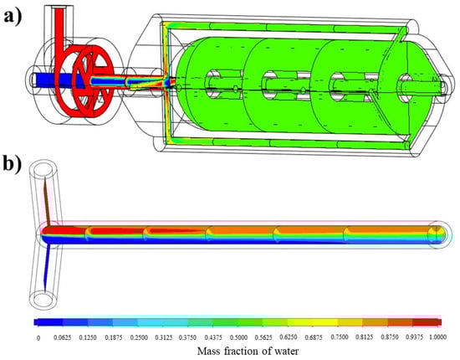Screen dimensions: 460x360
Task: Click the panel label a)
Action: click(x=13, y=17)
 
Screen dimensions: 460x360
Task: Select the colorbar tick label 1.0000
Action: click(x=438, y=337)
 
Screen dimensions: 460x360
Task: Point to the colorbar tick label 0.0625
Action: click(x=62, y=337)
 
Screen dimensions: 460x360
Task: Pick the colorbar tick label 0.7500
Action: click(x=340, y=337)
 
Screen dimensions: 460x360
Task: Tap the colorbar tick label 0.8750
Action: click(x=390, y=337)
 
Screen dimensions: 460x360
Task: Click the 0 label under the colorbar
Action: click(x=38, y=337)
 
